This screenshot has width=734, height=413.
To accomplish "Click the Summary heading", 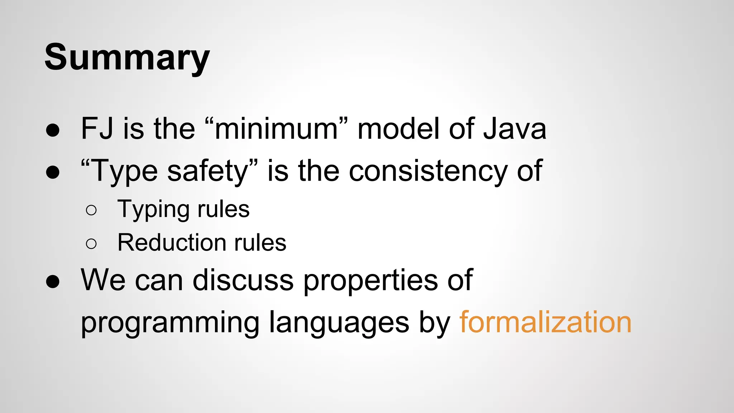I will pyautogui.click(x=127, y=57).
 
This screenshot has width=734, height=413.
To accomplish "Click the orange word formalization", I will pyautogui.click(x=545, y=322).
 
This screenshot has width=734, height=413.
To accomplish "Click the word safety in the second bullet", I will pyautogui.click(x=208, y=171).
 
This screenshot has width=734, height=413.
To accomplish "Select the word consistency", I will pyautogui.click(x=428, y=171).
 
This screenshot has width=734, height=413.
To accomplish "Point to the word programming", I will pyautogui.click(x=170, y=323).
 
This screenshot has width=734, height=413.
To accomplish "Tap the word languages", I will pyautogui.click(x=339, y=323).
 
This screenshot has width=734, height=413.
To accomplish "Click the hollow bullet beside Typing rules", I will pyautogui.click(x=91, y=210).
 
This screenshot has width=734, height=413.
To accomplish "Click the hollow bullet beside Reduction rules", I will pyautogui.click(x=91, y=244).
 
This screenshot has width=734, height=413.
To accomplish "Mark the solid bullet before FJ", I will pyautogui.click(x=53, y=130).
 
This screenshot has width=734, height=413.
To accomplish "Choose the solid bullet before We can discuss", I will pyautogui.click(x=53, y=282).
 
